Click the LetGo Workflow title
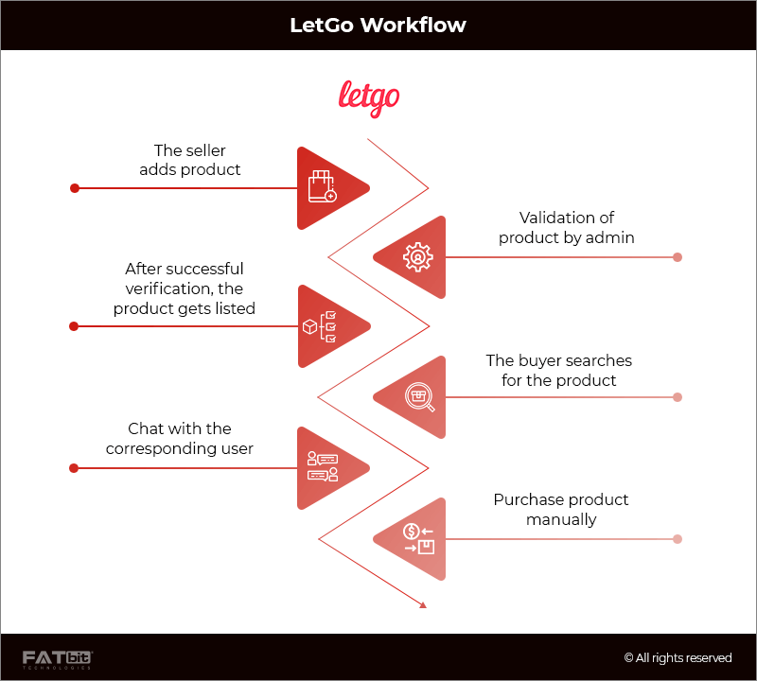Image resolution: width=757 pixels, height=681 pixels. [x=378, y=25]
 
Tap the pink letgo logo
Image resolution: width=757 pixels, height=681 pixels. [x=369, y=97]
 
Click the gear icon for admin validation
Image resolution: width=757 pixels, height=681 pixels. [x=417, y=257]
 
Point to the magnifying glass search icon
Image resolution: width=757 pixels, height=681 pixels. [x=418, y=396]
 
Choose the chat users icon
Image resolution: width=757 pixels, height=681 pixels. [x=323, y=467]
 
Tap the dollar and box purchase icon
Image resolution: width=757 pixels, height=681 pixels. [x=418, y=538]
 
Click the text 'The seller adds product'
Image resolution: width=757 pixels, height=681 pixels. [x=190, y=160]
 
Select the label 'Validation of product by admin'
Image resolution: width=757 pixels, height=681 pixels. [x=567, y=228]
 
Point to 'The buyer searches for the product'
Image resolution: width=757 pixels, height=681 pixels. [x=558, y=370]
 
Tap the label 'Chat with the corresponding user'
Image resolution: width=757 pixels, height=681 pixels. [x=180, y=438]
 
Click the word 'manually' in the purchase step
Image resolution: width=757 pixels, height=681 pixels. [x=561, y=519]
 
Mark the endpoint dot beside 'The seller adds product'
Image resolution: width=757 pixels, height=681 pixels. [x=75, y=188]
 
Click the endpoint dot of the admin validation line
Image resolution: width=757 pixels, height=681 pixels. [x=678, y=257]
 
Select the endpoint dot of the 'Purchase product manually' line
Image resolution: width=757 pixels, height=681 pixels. [x=678, y=539]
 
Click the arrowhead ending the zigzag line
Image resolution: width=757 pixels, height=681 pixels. [x=423, y=603]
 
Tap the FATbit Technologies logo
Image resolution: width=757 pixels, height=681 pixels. [x=58, y=658]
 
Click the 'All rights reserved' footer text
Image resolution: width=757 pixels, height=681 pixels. [x=678, y=658]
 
